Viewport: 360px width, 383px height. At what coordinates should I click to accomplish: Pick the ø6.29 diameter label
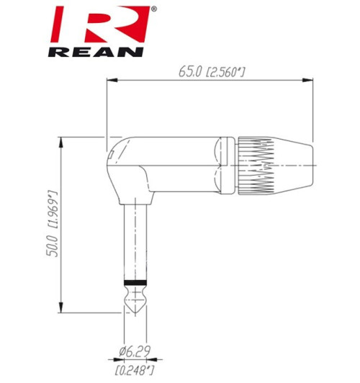pyautogui.click(x=135, y=352)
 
